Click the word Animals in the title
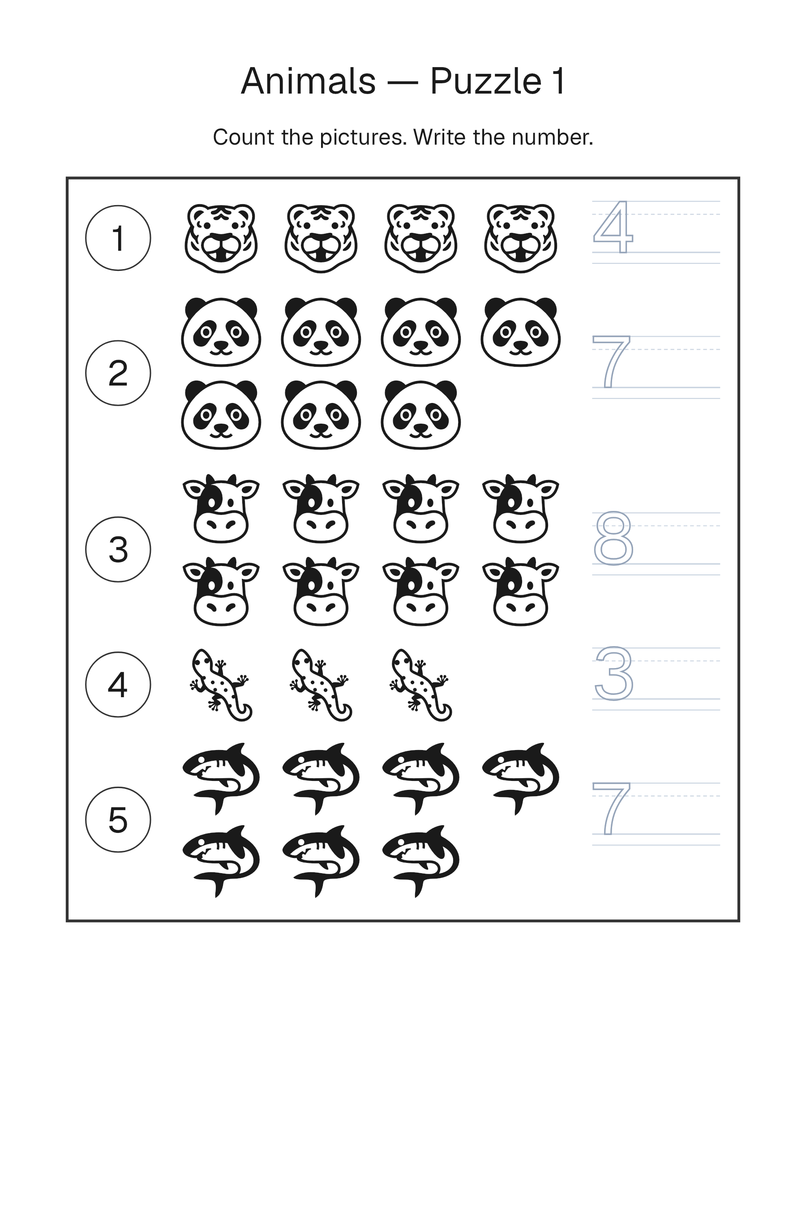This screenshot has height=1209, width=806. [309, 81]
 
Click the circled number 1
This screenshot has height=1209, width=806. [118, 238]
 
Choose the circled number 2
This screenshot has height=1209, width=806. [118, 373]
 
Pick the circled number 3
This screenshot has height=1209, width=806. [118, 549]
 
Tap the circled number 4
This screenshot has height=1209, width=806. [118, 685]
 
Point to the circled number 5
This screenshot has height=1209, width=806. [118, 820]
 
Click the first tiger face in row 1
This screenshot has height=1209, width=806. [222, 238]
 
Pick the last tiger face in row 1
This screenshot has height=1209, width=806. [521, 238]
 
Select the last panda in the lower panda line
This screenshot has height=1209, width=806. [421, 415]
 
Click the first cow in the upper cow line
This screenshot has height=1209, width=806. [222, 508]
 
